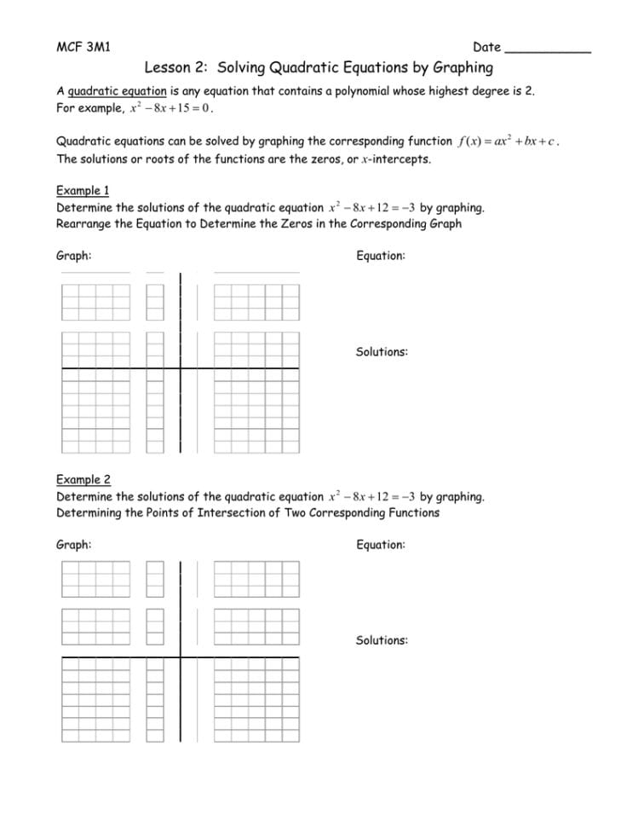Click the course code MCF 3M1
(83, 47)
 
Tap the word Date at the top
(486, 47)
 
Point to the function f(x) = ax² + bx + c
(507, 141)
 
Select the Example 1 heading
(83, 190)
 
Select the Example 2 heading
(83, 479)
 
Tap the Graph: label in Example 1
(74, 256)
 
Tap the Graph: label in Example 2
(74, 544)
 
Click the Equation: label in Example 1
(380, 256)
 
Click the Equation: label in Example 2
(380, 544)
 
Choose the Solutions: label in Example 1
(382, 351)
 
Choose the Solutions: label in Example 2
(382, 640)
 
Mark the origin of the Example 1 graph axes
(180, 368)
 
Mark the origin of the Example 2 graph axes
(180, 657)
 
